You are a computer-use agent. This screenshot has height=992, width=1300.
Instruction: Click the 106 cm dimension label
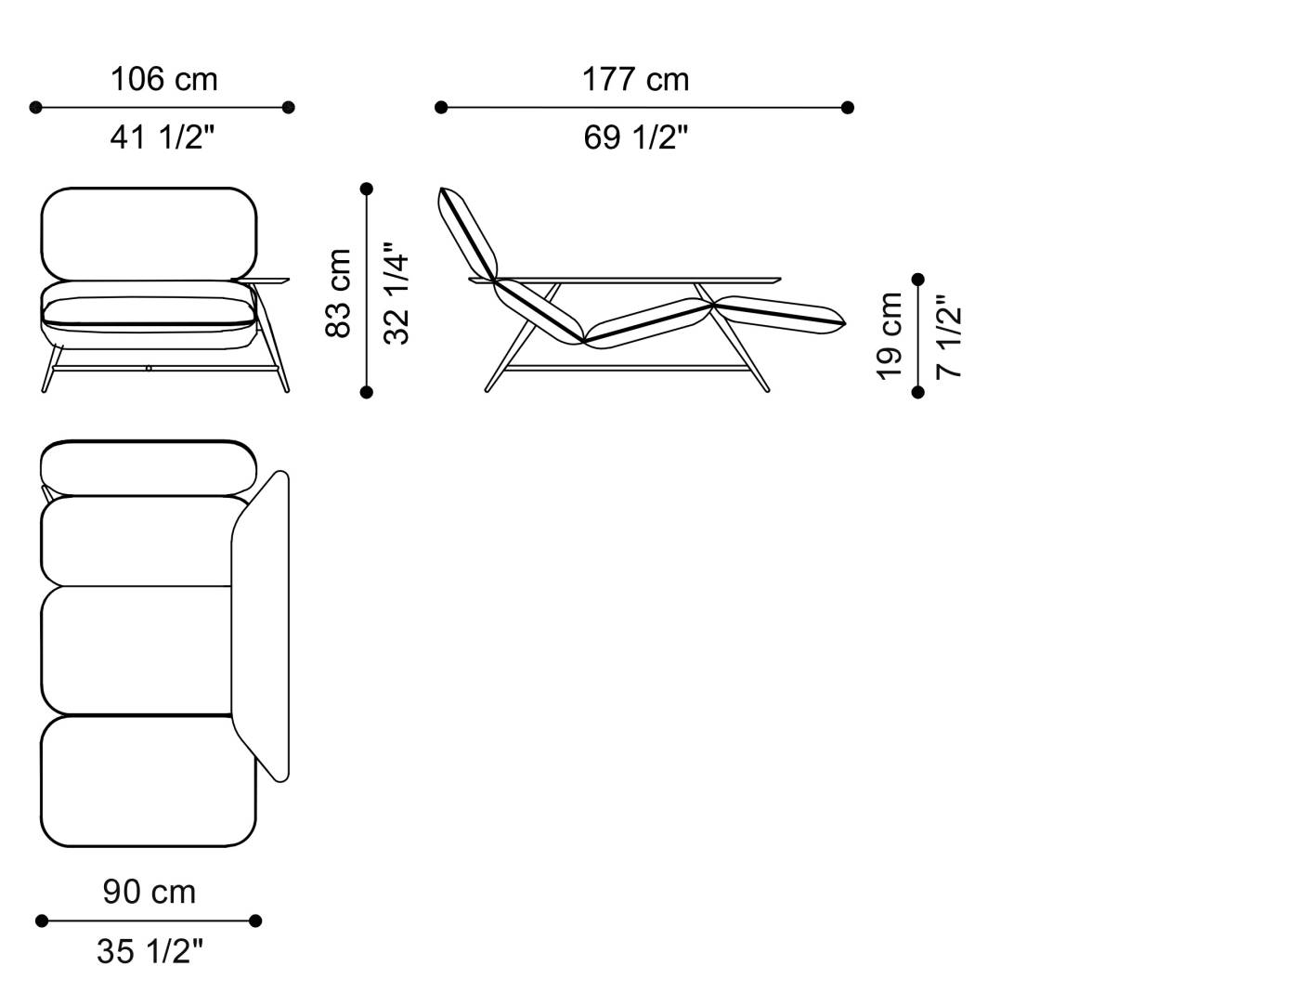point(164,80)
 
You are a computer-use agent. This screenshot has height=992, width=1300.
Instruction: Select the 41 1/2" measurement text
point(162,137)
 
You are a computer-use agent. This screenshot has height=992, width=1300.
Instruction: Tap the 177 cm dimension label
point(636,80)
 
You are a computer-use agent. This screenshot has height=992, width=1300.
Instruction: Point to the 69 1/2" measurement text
point(636,137)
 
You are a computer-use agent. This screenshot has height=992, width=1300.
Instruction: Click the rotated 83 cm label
point(339,293)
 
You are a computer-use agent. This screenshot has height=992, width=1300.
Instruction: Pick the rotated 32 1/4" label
point(396,294)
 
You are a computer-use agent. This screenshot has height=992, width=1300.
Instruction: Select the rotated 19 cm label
point(890,335)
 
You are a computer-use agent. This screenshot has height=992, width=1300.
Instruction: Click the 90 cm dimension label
point(149,892)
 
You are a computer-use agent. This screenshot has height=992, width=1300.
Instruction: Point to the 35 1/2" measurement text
point(149,951)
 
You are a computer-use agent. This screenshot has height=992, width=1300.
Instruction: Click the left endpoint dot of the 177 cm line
point(441,108)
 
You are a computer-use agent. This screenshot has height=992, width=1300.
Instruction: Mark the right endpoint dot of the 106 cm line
point(288,108)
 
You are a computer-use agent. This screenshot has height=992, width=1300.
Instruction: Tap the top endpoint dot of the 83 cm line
point(367,189)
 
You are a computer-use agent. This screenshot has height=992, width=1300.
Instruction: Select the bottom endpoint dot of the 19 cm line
point(918,392)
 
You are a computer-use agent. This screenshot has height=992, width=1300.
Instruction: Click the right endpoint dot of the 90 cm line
point(255,920)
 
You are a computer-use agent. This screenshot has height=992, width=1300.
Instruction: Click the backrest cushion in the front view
point(149,233)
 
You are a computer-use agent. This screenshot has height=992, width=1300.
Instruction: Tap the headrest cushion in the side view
point(469,232)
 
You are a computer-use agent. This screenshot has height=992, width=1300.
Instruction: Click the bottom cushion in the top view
point(149,780)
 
